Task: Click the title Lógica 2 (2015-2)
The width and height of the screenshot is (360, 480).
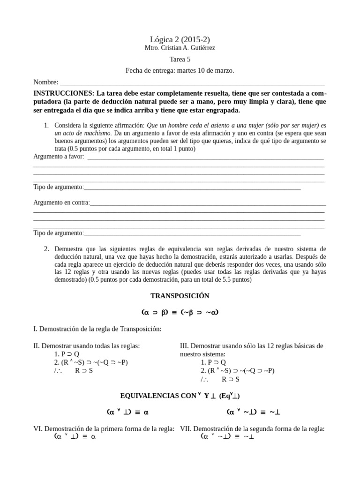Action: click(x=180, y=39)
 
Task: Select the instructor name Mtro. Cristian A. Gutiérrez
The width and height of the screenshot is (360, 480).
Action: click(x=180, y=48)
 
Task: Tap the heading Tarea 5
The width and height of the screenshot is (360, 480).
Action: click(x=180, y=60)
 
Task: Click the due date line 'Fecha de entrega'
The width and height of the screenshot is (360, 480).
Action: click(x=180, y=70)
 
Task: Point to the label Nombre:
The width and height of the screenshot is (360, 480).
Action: click(x=45, y=82)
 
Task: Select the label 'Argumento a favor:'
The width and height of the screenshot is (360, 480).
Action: click(x=59, y=157)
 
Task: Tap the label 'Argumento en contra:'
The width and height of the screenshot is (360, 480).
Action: click(x=61, y=202)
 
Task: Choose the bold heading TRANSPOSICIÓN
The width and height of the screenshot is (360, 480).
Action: click(x=180, y=296)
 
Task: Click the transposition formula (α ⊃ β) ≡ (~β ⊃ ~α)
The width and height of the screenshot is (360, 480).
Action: click(x=180, y=312)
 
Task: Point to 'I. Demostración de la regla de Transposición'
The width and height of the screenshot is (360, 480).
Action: click(x=97, y=329)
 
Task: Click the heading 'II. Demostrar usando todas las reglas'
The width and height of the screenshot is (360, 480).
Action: click(x=87, y=346)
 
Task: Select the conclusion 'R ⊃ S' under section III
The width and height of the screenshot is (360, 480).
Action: click(x=231, y=379)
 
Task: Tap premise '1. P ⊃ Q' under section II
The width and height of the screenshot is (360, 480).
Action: click(x=67, y=354)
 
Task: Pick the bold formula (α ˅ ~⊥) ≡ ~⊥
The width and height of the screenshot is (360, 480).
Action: click(x=253, y=412)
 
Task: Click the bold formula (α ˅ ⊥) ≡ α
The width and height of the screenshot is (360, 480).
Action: click(x=127, y=412)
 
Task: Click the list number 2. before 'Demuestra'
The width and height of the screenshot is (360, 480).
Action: click(x=46, y=249)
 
